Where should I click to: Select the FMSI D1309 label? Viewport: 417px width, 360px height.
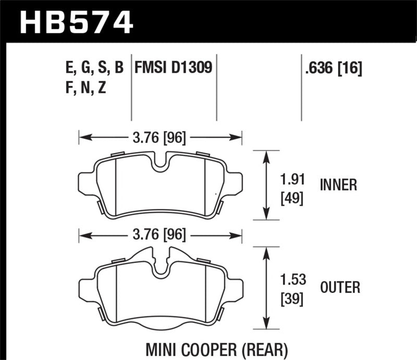[173, 68]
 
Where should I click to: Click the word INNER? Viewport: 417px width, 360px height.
[338, 185]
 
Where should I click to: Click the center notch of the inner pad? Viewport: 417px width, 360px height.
[161, 163]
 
